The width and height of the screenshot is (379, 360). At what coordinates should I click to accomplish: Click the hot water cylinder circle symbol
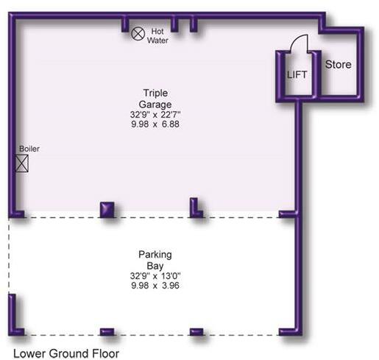tap(138, 33)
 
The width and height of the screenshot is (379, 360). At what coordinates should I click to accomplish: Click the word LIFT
tap(297, 74)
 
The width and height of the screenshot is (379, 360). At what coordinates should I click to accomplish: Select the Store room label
tap(339, 65)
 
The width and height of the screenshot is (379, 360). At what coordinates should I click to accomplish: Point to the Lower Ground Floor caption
tap(66, 353)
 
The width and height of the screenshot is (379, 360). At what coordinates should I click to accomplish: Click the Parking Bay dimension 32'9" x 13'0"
tap(155, 276)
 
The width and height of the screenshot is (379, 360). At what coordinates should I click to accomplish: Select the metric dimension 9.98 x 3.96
tap(155, 286)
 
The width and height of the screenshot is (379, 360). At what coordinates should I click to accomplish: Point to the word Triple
tap(155, 93)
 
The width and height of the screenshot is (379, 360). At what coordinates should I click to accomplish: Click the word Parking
tap(155, 255)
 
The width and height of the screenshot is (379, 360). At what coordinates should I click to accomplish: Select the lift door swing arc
tap(294, 42)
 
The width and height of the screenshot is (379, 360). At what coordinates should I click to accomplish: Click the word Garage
tap(155, 104)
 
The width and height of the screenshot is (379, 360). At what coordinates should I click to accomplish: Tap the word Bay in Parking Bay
tap(155, 265)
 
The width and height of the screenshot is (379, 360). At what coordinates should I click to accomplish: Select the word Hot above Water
tap(157, 31)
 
